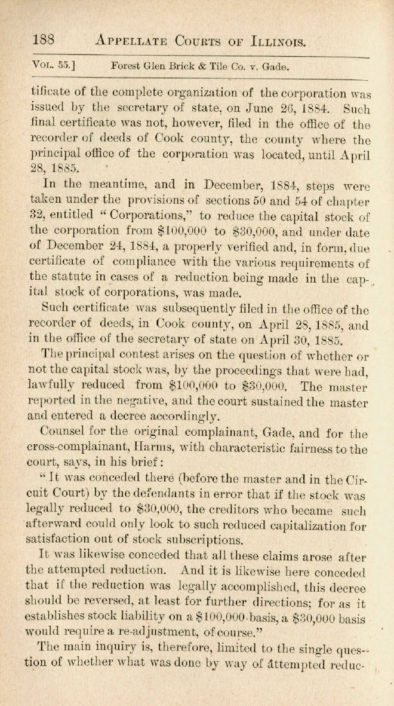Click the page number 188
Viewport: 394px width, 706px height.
(44, 39)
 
